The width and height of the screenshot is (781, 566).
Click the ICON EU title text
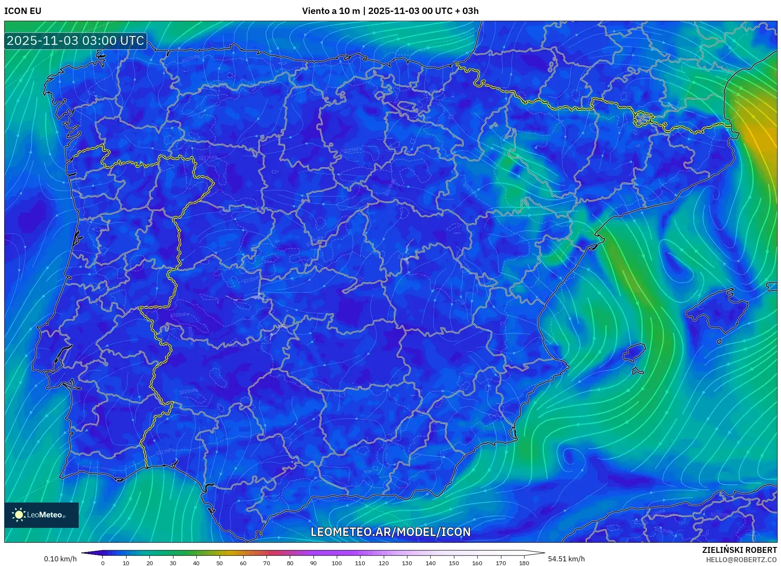click(23, 11)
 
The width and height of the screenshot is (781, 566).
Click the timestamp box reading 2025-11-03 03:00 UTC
click(75, 41)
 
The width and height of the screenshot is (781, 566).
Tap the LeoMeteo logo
click(41, 515)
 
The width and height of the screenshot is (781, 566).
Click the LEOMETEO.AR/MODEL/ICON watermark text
click(390, 532)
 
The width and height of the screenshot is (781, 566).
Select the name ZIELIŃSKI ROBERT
click(739, 550)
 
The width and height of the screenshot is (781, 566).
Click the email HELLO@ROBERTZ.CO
click(741, 560)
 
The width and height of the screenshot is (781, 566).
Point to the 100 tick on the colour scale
click(336, 563)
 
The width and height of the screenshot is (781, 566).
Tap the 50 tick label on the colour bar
click(219, 563)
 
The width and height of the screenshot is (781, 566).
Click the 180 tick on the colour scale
click(524, 563)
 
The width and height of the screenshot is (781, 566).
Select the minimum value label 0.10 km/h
click(60, 559)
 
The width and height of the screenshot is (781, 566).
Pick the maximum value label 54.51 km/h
click(566, 559)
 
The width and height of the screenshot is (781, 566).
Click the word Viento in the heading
click(314, 11)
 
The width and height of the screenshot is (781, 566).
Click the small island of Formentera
click(638, 372)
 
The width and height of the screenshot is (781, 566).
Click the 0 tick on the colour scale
click(102, 563)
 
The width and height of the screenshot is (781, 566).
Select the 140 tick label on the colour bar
click(430, 563)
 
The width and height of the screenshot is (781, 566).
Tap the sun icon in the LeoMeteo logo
click(19, 515)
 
